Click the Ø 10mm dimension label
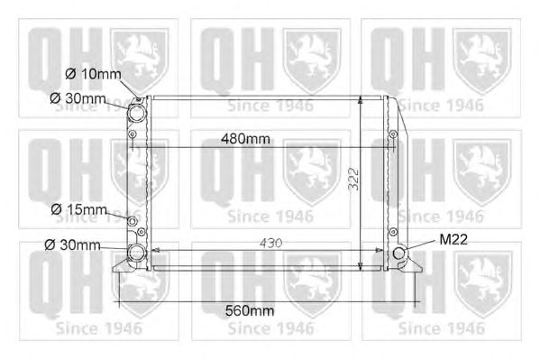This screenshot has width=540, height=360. pyautogui.click(x=93, y=74)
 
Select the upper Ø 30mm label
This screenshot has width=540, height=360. pyautogui.click(x=78, y=98)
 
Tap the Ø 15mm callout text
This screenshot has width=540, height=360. pyautogui.click(x=78, y=209)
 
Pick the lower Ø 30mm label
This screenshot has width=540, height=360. pyautogui.click(x=72, y=245)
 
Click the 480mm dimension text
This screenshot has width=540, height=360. pyautogui.click(x=245, y=139)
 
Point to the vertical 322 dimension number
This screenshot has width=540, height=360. pyautogui.click(x=353, y=179)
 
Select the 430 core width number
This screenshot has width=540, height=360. pyautogui.click(x=271, y=243)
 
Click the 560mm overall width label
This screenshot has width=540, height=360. pyautogui.click(x=250, y=310)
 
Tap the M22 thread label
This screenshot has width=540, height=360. pyautogui.click(x=453, y=239)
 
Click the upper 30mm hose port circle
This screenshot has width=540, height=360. pyautogui.click(x=136, y=113)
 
